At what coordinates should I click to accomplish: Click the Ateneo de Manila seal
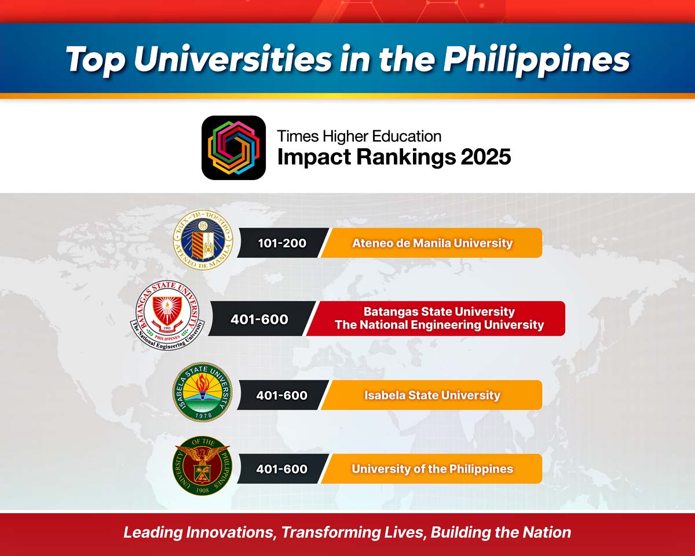[203, 240]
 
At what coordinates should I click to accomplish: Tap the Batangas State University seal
[167, 315]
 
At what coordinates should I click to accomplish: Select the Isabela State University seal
[203, 392]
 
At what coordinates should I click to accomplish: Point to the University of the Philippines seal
[203, 466]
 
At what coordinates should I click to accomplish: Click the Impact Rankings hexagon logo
[233, 148]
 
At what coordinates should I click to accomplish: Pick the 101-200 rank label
[282, 243]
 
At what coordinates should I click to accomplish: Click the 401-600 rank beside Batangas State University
[259, 319]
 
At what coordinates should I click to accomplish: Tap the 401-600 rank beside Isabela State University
[281, 395]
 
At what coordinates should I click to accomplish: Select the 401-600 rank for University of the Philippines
[281, 469]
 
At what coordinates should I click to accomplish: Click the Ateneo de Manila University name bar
[431, 243]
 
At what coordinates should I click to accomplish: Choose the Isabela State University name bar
[431, 395]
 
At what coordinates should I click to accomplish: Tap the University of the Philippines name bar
[431, 469]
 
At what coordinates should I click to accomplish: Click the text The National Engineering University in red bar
[439, 325]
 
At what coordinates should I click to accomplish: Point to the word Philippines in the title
[536, 60]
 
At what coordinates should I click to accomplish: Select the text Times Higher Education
[359, 136]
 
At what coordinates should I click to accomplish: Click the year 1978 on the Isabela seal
[203, 415]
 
